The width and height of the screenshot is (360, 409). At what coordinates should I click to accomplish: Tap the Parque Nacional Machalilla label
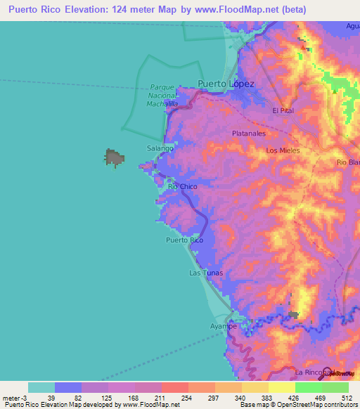tap(163, 96)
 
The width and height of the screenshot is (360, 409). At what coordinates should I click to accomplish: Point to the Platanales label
tap(248, 132)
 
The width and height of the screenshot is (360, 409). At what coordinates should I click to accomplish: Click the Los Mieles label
tap(283, 150)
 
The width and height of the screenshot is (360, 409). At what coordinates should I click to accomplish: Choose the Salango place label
tap(160, 149)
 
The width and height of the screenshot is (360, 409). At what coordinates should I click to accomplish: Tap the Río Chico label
tap(182, 187)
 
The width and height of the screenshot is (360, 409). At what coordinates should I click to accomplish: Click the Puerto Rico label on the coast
tap(184, 240)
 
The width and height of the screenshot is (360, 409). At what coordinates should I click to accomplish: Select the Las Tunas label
tap(205, 273)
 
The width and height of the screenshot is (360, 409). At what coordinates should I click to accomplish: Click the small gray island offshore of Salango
tap(114, 157)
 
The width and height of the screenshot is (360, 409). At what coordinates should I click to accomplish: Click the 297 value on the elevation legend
tap(214, 398)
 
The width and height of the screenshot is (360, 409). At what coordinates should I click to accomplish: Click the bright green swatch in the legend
tap(308, 387)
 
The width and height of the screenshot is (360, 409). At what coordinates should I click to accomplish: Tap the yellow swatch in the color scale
tap(281, 387)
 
